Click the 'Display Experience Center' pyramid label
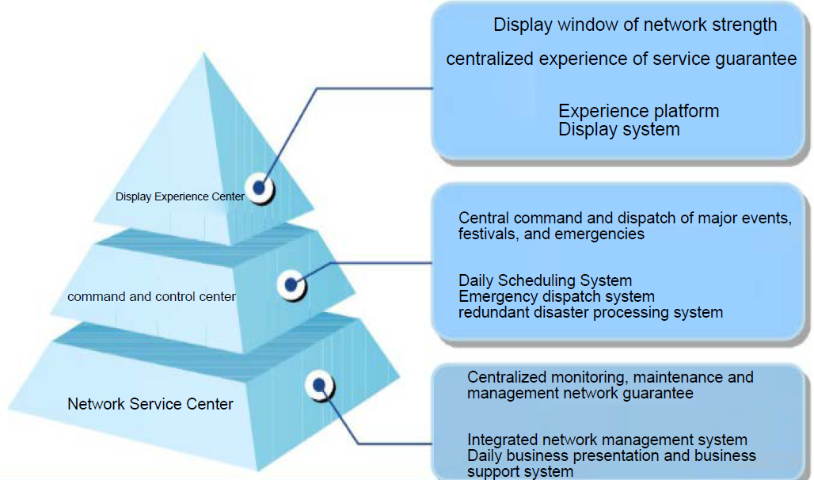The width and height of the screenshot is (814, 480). point(180,196)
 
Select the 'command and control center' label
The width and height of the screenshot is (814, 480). point(151,296)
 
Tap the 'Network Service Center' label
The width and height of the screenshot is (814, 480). point(150,404)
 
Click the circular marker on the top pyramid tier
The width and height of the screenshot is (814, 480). point(259,189)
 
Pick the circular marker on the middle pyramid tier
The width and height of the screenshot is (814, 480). point(291,284)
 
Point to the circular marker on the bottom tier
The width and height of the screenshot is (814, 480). point(319,385)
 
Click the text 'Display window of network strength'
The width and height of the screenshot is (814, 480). point(635,25)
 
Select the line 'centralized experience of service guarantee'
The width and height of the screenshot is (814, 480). point(621,59)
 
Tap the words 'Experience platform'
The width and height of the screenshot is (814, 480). point(638,111)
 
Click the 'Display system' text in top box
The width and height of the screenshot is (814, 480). point(618,129)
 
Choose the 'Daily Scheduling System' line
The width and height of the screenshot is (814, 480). point(545,280)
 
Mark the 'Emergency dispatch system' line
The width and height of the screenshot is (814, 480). point(556,296)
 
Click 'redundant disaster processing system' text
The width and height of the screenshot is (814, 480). point(590,312)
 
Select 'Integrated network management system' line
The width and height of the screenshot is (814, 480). point(607,440)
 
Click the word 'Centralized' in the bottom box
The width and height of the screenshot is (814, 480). point(506,378)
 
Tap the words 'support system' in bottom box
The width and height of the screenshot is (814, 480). point(519,472)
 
